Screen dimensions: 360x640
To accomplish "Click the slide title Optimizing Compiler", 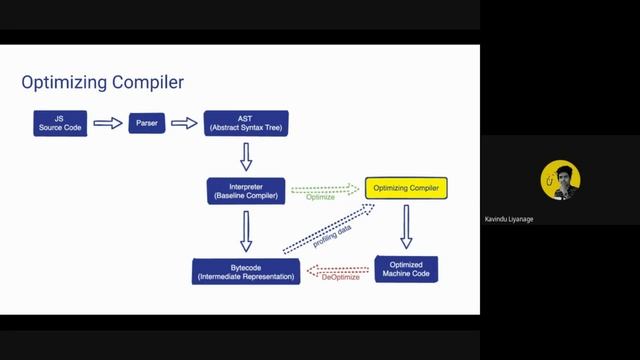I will coord(103,81).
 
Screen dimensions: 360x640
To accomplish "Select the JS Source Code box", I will coord(59,123).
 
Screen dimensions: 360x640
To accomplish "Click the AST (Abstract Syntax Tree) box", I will coord(245,123).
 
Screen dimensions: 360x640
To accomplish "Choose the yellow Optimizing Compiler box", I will coord(405,187).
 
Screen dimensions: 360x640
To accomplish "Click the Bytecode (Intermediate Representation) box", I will coord(245,270).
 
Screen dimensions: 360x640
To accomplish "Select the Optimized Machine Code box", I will coord(406,268).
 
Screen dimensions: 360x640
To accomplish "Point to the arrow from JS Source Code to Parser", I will coord(106,123).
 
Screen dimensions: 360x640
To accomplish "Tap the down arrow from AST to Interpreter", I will coord(246,156).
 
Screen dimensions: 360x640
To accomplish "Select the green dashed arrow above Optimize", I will coord(325,187).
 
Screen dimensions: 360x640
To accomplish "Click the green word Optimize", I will coord(321,198).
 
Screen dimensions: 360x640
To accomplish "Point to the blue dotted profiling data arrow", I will coord(328,228).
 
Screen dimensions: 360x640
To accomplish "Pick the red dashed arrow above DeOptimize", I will coord(336,268).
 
